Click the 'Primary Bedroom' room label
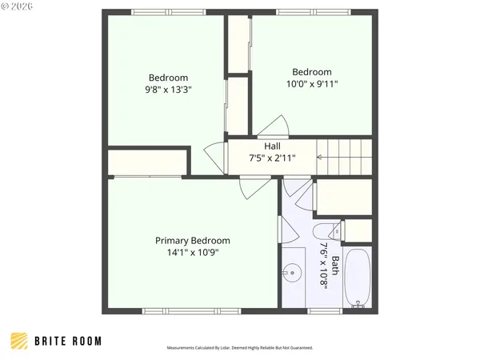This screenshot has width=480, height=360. click(192, 240)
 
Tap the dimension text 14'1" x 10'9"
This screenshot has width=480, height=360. click(192, 253)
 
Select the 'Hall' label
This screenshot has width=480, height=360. click(272, 146)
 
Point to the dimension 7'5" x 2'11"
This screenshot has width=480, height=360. click(272, 158)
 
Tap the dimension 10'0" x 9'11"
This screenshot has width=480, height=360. click(311, 83)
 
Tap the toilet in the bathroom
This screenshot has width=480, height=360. click(336, 232)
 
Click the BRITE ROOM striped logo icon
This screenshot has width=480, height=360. click(19, 341)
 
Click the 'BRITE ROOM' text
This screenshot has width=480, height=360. click(68, 341)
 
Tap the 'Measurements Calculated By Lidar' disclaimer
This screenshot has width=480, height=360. click(240, 348)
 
